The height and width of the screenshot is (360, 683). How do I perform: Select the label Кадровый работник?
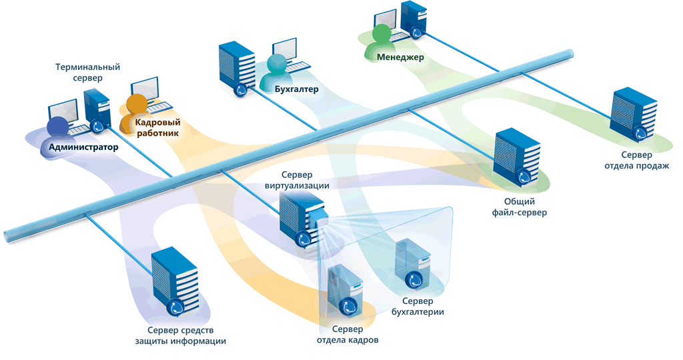pos(157,127)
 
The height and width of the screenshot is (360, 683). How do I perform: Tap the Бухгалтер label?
pos(296,89)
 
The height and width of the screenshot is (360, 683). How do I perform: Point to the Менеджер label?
pos(400,57)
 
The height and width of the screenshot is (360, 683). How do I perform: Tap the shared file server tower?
pos(515,155)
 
